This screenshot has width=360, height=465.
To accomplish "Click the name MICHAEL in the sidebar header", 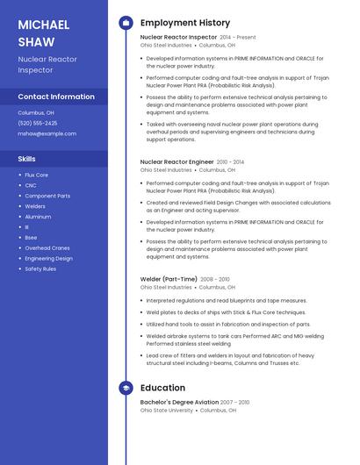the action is click(44, 24).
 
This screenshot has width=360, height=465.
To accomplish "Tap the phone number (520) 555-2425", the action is click(38, 123).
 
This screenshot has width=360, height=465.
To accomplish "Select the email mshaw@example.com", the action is click(47, 133).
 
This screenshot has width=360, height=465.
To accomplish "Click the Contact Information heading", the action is click(56, 97).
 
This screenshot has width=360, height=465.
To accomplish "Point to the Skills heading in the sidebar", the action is click(27, 159).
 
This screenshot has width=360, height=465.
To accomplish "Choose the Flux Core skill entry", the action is click(36, 175).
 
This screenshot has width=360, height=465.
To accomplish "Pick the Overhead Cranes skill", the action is click(47, 247).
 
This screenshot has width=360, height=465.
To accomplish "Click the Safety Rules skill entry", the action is click(40, 268).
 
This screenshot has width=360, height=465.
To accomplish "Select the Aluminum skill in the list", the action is click(38, 216).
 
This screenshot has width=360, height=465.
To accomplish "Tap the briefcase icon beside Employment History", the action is click(126, 22).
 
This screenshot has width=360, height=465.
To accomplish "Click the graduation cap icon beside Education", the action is click(126, 388).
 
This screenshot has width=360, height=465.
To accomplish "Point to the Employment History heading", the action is click(185, 22).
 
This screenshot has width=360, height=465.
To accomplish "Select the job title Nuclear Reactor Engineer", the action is click(176, 162).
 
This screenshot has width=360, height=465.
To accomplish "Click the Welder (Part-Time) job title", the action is click(169, 279).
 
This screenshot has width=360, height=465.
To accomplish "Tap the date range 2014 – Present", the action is click(238, 38).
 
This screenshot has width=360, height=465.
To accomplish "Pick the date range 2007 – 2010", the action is click(234, 402).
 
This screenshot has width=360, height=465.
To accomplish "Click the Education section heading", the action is click(162, 388).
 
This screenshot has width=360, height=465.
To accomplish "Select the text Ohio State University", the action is click(167, 410).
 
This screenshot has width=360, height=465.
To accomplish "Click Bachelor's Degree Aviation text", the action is click(179, 402).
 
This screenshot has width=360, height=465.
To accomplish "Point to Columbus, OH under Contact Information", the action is click(36, 112).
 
